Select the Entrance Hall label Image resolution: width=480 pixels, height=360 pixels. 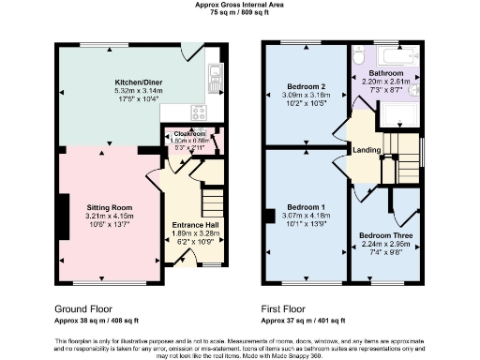pyautogui.click(x=195, y=225)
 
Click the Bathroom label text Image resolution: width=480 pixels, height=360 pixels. pyautogui.click(x=385, y=72)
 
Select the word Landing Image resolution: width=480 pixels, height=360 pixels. pyautogui.click(x=366, y=150)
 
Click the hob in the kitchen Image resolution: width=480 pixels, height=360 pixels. pyautogui.click(x=199, y=112)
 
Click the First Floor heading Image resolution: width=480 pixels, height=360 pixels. pyautogui.click(x=292, y=307)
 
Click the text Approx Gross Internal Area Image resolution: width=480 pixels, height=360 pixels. pyautogui.click(x=239, y=5)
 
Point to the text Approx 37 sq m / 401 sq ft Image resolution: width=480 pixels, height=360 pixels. pyautogui.click(x=309, y=320)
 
